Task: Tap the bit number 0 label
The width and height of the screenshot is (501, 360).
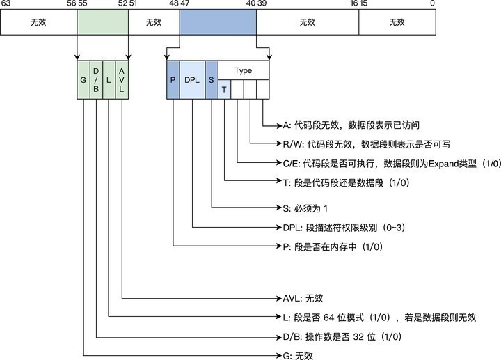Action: coord(432,4)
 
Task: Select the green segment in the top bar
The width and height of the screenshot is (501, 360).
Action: coord(102,22)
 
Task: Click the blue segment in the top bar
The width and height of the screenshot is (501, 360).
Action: coord(218,22)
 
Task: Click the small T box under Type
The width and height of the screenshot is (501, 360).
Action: coord(224,90)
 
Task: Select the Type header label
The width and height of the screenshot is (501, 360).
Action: coord(244,71)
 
